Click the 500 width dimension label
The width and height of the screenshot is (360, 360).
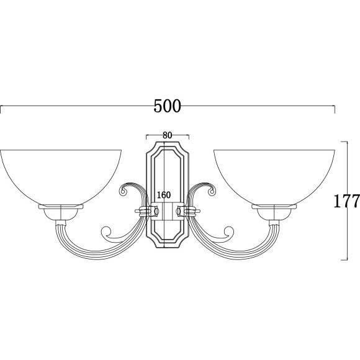point(167,106)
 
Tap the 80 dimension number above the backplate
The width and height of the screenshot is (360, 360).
point(168,135)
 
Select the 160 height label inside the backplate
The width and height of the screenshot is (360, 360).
point(164,195)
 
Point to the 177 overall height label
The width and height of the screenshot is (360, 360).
point(346,200)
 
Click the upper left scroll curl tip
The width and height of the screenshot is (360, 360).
point(124,191)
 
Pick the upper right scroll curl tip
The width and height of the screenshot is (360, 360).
point(212,191)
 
